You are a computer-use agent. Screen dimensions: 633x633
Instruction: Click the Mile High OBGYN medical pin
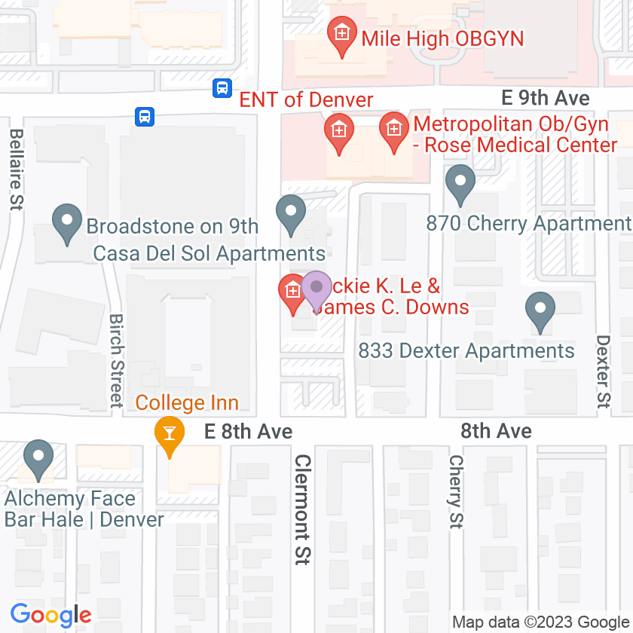[341, 35]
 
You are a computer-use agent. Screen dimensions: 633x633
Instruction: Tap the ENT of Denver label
[306, 99]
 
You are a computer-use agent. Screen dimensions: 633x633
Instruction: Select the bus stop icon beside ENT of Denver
[222, 88]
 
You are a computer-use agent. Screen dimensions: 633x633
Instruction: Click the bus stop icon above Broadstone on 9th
[145, 117]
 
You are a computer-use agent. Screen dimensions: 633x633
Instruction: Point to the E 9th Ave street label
[546, 98]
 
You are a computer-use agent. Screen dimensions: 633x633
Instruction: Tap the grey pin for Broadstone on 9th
[67, 223]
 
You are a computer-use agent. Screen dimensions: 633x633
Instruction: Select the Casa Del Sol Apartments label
[209, 253]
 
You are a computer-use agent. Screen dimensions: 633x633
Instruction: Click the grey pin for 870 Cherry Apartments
[460, 183]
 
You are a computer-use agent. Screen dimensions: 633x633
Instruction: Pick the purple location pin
[316, 289]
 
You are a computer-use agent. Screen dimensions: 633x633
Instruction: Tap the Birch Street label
[117, 360]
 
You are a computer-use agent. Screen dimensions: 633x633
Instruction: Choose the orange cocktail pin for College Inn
[170, 435]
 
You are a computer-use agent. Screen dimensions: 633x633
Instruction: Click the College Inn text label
[187, 403]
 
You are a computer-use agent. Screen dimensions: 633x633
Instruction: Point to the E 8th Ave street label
[248, 431]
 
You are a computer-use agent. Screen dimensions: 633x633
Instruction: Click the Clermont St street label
[303, 508]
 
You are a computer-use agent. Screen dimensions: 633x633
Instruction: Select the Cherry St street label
[455, 491]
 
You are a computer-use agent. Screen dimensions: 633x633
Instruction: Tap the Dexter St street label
[602, 371]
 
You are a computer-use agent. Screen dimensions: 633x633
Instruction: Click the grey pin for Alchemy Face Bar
[38, 459]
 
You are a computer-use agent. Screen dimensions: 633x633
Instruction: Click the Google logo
[50, 615]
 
